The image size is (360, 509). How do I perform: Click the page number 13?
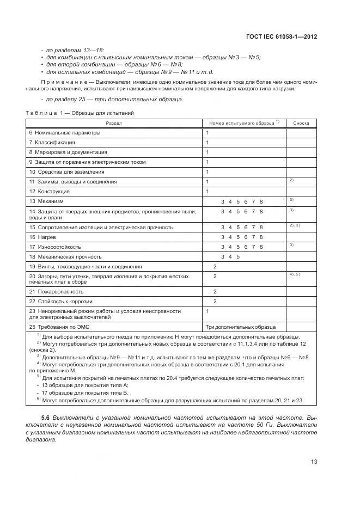314,462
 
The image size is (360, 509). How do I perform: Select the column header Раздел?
114,123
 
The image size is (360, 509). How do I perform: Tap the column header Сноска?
301,123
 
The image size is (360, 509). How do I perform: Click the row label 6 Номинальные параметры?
65,133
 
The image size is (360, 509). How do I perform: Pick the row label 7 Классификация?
52,143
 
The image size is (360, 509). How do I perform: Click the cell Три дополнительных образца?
240,327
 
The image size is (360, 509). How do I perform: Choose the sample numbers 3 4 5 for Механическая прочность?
230,256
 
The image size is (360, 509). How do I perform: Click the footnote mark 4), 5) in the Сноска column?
295,274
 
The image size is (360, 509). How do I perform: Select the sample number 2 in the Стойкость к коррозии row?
215,301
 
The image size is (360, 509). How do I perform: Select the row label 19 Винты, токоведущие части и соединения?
86,266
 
